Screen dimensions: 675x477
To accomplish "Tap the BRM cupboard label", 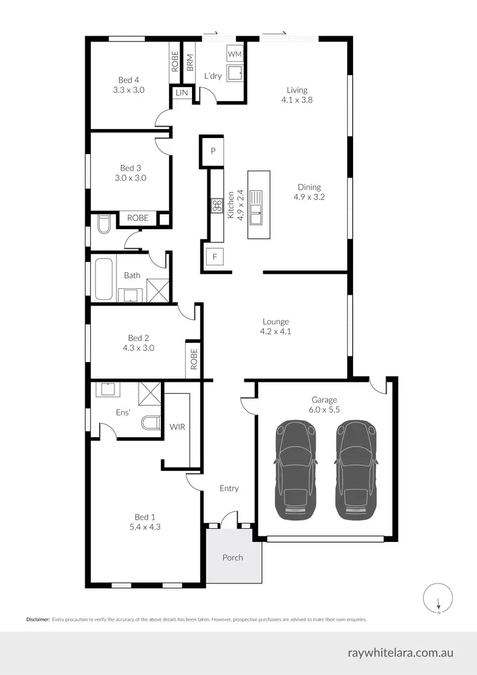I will [x=190, y=62].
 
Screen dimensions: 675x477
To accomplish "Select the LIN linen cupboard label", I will [x=182, y=94].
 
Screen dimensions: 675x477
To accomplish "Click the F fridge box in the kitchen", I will [x=215, y=257].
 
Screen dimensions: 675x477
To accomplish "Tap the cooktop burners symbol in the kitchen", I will [x=216, y=205].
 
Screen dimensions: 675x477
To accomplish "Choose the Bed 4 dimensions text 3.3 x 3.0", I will [x=128, y=90].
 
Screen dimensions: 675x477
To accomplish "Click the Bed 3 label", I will [x=130, y=168].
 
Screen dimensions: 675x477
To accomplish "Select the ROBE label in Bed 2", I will [x=194, y=359].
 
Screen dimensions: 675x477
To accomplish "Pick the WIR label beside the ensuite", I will [x=177, y=427].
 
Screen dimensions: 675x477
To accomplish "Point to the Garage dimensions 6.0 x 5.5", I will [x=324, y=410].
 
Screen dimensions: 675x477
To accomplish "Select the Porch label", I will [x=233, y=557].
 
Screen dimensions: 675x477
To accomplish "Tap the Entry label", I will [x=229, y=489].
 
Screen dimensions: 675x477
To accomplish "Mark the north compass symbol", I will [x=438, y=599].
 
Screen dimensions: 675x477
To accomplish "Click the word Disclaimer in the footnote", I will [x=38, y=619].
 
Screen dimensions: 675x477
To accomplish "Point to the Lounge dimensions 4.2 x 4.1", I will [x=275, y=331].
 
